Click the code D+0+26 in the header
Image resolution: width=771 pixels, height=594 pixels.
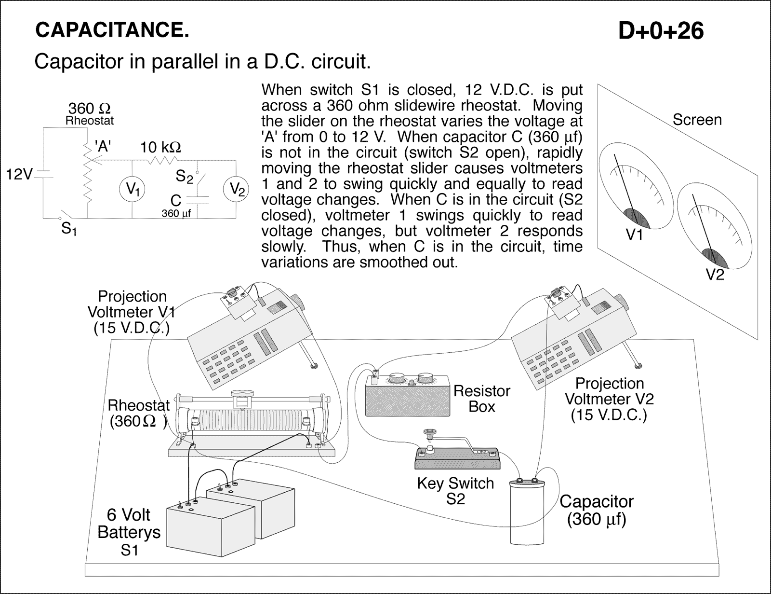661,31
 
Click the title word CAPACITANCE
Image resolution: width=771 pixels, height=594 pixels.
112,30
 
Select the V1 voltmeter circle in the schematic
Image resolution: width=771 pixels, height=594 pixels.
133,189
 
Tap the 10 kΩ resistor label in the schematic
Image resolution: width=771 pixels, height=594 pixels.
160,147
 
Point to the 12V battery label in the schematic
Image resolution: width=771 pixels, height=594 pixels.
18,174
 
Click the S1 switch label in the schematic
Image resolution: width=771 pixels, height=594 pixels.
69,229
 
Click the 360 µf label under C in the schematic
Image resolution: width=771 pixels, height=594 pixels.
176,213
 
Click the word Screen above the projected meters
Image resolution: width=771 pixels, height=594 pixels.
697,120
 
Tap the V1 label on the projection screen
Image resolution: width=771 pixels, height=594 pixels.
635,235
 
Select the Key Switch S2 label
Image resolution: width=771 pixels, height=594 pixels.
455,491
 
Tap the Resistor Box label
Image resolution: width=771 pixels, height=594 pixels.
481,399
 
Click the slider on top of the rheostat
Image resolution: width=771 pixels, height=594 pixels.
242,398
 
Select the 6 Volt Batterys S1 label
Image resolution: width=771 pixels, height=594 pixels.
129,532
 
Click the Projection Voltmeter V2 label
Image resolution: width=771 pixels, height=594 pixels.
609,399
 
